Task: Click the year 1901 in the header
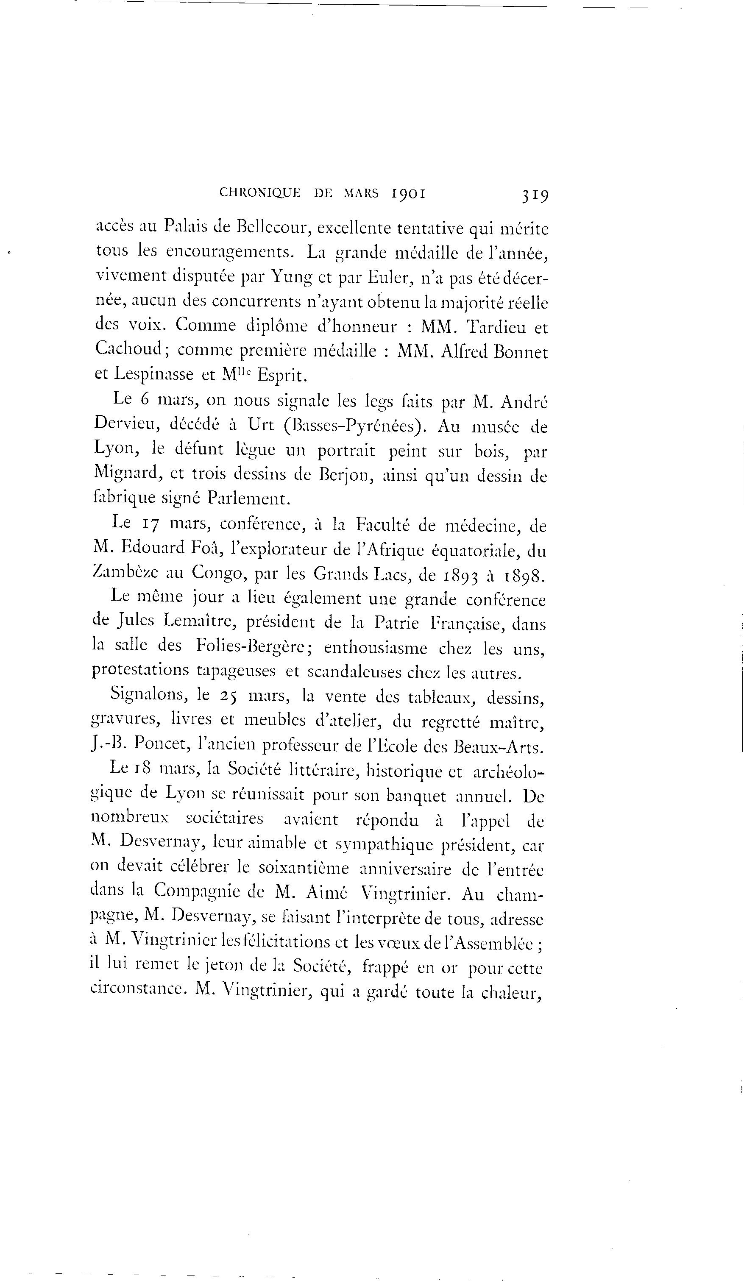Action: (x=408, y=193)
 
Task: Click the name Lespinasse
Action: (x=153, y=374)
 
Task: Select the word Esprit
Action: (x=282, y=375)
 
